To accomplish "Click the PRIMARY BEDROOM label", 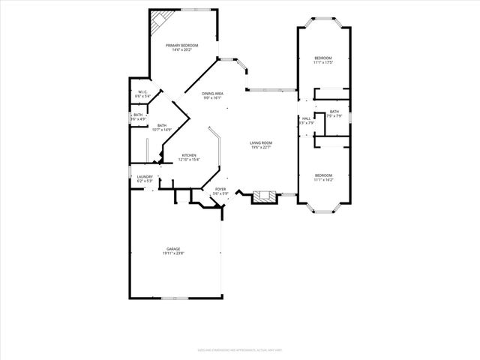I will point(182,46).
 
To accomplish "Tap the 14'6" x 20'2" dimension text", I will point(182,50).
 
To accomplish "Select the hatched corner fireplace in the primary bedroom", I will point(157,22).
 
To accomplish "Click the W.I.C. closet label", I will point(142,92).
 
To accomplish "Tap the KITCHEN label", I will point(188,155).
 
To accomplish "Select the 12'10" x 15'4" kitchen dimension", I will point(188,160).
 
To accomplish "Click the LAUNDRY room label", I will point(145,177).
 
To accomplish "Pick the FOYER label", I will point(220,190).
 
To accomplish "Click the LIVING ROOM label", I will point(261,142).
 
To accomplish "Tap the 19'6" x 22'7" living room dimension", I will point(261,147).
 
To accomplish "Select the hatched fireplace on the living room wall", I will point(262,197).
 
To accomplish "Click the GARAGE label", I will point(173,249).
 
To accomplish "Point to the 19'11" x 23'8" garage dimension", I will point(173,253).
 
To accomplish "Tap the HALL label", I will point(306,118).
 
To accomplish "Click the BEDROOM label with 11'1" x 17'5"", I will point(323,58).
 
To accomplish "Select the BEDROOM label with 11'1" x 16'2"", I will point(323,176).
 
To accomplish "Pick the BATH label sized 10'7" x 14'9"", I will point(162,126).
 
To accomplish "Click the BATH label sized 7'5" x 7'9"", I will point(334,112).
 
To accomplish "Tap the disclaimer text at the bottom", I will point(240,349).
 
